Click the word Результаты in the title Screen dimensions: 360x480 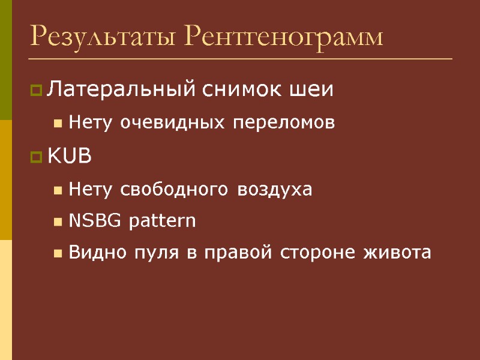pyautogui.click(x=103, y=37)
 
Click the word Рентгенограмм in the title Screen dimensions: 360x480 pyautogui.click(x=283, y=37)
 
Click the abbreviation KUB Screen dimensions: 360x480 pyautogui.click(x=69, y=157)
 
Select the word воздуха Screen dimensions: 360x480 pyautogui.click(x=275, y=190)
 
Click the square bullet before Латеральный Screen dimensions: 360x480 pyautogui.click(x=36, y=91)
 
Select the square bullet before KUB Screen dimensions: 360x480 pyautogui.click(x=36, y=158)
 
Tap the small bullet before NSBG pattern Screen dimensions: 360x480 pyautogui.click(x=58, y=222)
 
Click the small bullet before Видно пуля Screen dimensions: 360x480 pyautogui.click(x=58, y=253)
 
